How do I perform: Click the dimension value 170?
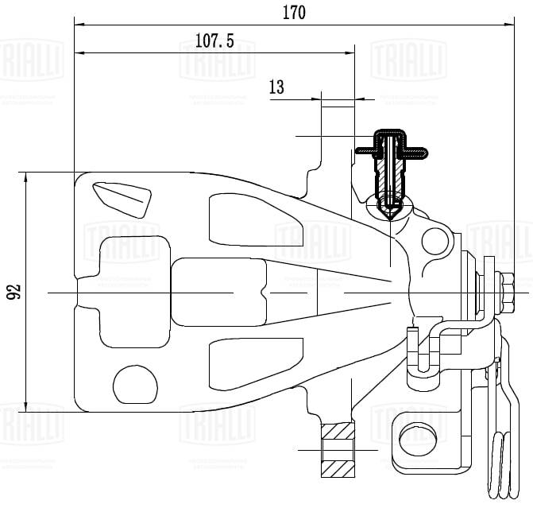click(293, 11)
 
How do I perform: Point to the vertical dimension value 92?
click(14, 292)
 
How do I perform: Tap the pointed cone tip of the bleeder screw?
click(389, 213)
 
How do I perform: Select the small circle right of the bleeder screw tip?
click(435, 240)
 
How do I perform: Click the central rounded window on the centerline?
click(218, 293)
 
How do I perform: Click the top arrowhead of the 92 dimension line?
click(27, 176)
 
